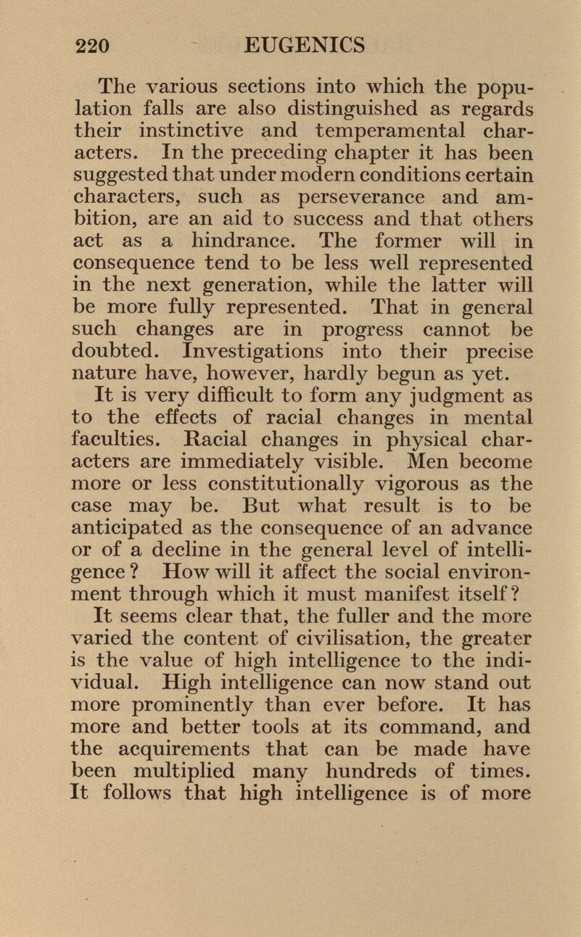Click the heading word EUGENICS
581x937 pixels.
[304, 46]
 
